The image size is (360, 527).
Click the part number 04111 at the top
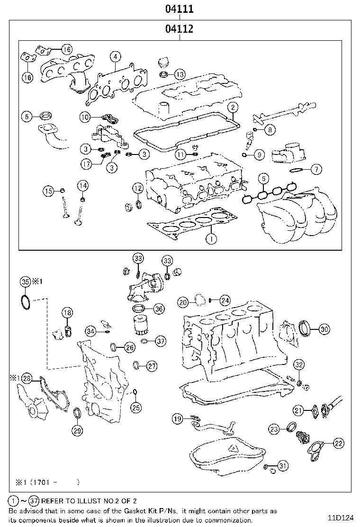(x=179, y=9)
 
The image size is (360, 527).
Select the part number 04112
(x=179, y=29)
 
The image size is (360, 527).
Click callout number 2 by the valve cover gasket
(x=232, y=108)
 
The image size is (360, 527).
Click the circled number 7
(x=316, y=169)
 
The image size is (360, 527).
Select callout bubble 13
(x=180, y=74)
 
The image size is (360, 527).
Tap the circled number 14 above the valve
(x=82, y=185)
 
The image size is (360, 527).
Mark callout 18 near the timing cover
(x=67, y=312)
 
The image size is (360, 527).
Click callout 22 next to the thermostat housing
(x=338, y=443)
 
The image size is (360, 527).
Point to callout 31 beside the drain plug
(x=283, y=466)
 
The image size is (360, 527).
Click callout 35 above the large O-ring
(x=26, y=282)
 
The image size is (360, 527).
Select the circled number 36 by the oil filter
(x=159, y=309)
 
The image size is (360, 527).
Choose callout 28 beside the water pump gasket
(x=27, y=378)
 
